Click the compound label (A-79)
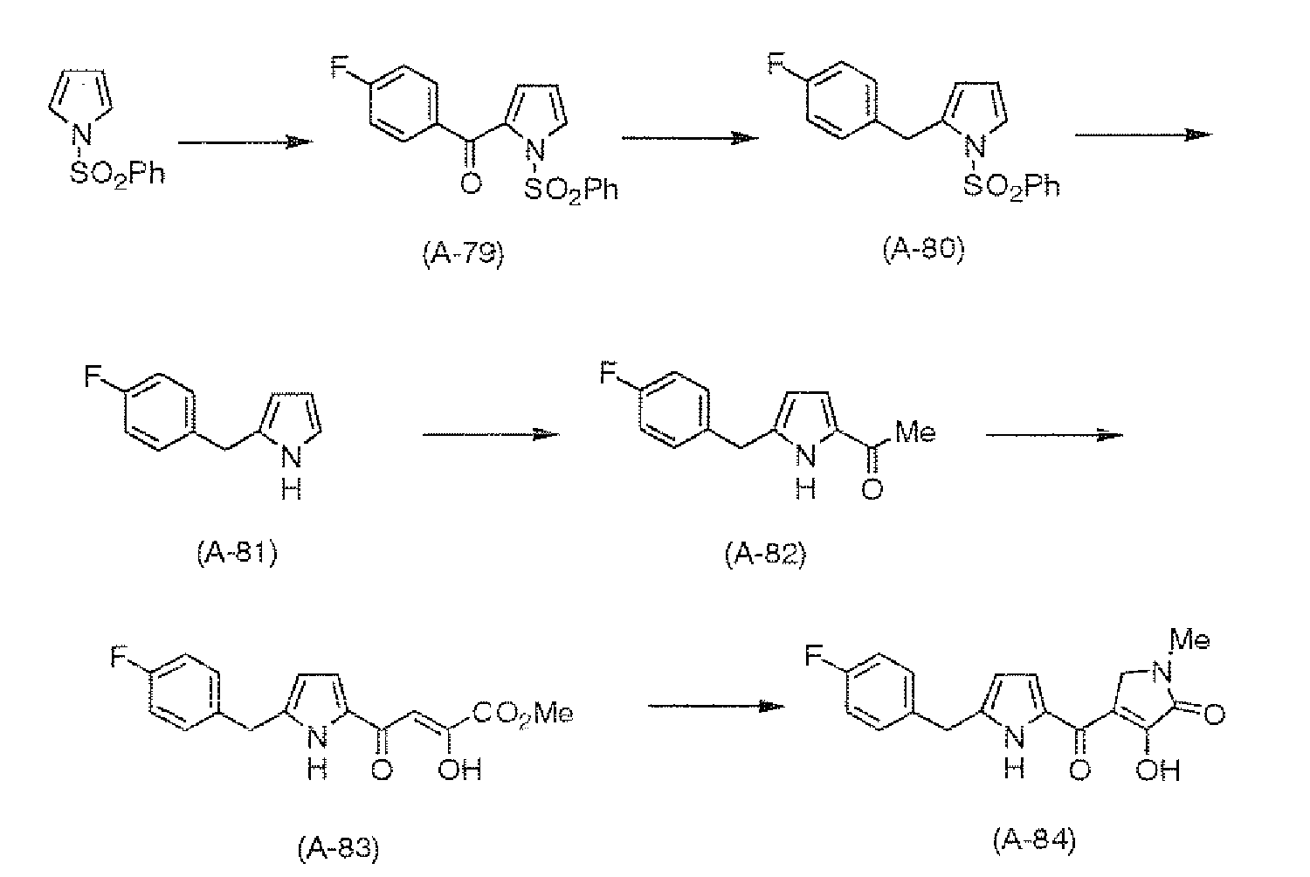pyautogui.click(x=463, y=254)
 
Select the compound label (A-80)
pyautogui.click(x=923, y=250)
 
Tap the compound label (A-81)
pyautogui.click(x=237, y=554)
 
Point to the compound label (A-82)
pyautogui.click(x=765, y=555)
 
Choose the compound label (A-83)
pyautogui.click(x=339, y=848)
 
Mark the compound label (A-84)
pyautogui.click(x=1034, y=840)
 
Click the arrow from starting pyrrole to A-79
pyautogui.click(x=245, y=142)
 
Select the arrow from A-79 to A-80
pyautogui.click(x=690, y=138)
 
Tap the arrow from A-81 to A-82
pyautogui.click(x=491, y=434)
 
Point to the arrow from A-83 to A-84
pyautogui.click(x=716, y=706)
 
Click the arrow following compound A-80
pyautogui.click(x=1144, y=135)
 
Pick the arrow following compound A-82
pyautogui.click(x=1054, y=435)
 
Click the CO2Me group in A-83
pyautogui.click(x=523, y=714)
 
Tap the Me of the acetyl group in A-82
pyautogui.click(x=915, y=432)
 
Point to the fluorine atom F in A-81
pyautogui.click(x=93, y=376)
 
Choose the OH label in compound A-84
pyautogui.click(x=1158, y=770)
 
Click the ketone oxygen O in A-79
pyautogui.click(x=471, y=183)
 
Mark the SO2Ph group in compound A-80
pyautogui.click(x=1011, y=187)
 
